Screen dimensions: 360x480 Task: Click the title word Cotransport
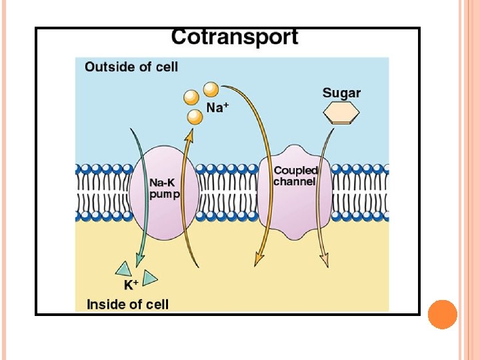[x=234, y=37]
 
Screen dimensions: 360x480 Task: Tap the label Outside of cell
[x=131, y=67]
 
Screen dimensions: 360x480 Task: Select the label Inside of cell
[x=127, y=304]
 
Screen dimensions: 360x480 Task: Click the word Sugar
[x=341, y=93]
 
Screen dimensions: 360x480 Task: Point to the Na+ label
[x=217, y=107]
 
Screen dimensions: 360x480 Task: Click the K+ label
[x=131, y=285]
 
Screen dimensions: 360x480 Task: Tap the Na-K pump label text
[x=164, y=188]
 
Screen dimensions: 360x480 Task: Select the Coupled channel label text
[x=295, y=176]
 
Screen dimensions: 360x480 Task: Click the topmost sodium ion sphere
[x=211, y=89]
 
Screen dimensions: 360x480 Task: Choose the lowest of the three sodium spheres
[x=195, y=117]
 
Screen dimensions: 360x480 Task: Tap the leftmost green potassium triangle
[x=123, y=269]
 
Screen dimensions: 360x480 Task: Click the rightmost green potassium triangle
[x=150, y=278]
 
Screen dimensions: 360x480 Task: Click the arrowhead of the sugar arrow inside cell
[x=325, y=263]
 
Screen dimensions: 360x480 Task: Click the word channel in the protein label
[x=295, y=181]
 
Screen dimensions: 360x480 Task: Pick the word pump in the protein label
[x=163, y=194]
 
